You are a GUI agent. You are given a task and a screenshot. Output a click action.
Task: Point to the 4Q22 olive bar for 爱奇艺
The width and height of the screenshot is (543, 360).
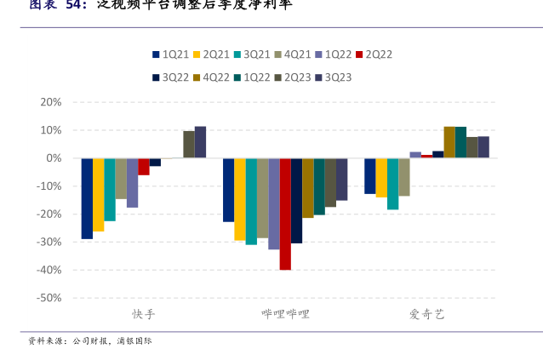pos(449,142)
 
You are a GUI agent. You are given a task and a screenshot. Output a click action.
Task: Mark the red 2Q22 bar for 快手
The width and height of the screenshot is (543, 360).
pos(144,167)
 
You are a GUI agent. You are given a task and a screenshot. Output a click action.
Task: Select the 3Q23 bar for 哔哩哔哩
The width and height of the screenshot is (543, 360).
pos(341,179)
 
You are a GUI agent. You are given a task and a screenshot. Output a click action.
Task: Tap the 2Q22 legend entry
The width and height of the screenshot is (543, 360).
pos(378,54)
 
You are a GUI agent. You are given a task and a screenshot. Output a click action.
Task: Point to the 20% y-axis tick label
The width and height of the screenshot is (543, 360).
pos(51,102)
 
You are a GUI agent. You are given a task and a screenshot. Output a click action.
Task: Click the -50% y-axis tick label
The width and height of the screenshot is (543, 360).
pos(49,298)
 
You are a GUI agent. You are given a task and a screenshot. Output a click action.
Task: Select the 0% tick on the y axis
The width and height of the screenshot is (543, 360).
pos(54,158)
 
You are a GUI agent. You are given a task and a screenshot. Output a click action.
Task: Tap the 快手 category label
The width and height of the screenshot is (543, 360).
pos(143,314)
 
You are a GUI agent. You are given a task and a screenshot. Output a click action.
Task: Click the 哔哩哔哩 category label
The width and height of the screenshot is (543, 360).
pos(285,314)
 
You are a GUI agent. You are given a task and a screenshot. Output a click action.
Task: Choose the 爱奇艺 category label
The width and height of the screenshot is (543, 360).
pos(426,314)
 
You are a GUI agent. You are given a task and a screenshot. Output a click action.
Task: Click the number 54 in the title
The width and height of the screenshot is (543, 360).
pos(74,4)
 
